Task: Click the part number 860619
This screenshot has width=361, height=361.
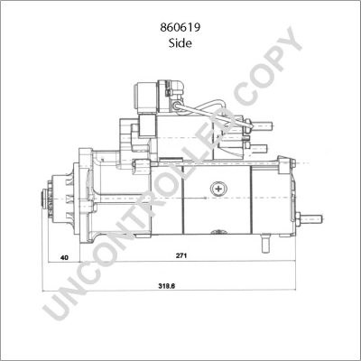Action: (180, 28)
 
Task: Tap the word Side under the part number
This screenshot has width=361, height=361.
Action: (180, 43)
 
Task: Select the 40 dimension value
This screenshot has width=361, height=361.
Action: (64, 257)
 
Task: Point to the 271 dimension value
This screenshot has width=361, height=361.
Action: (181, 255)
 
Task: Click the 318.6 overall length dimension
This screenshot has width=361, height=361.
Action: (167, 286)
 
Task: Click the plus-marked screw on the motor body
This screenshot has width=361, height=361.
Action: (218, 189)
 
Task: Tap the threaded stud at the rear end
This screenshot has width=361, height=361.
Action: (310, 219)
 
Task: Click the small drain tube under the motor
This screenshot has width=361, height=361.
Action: (265, 243)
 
